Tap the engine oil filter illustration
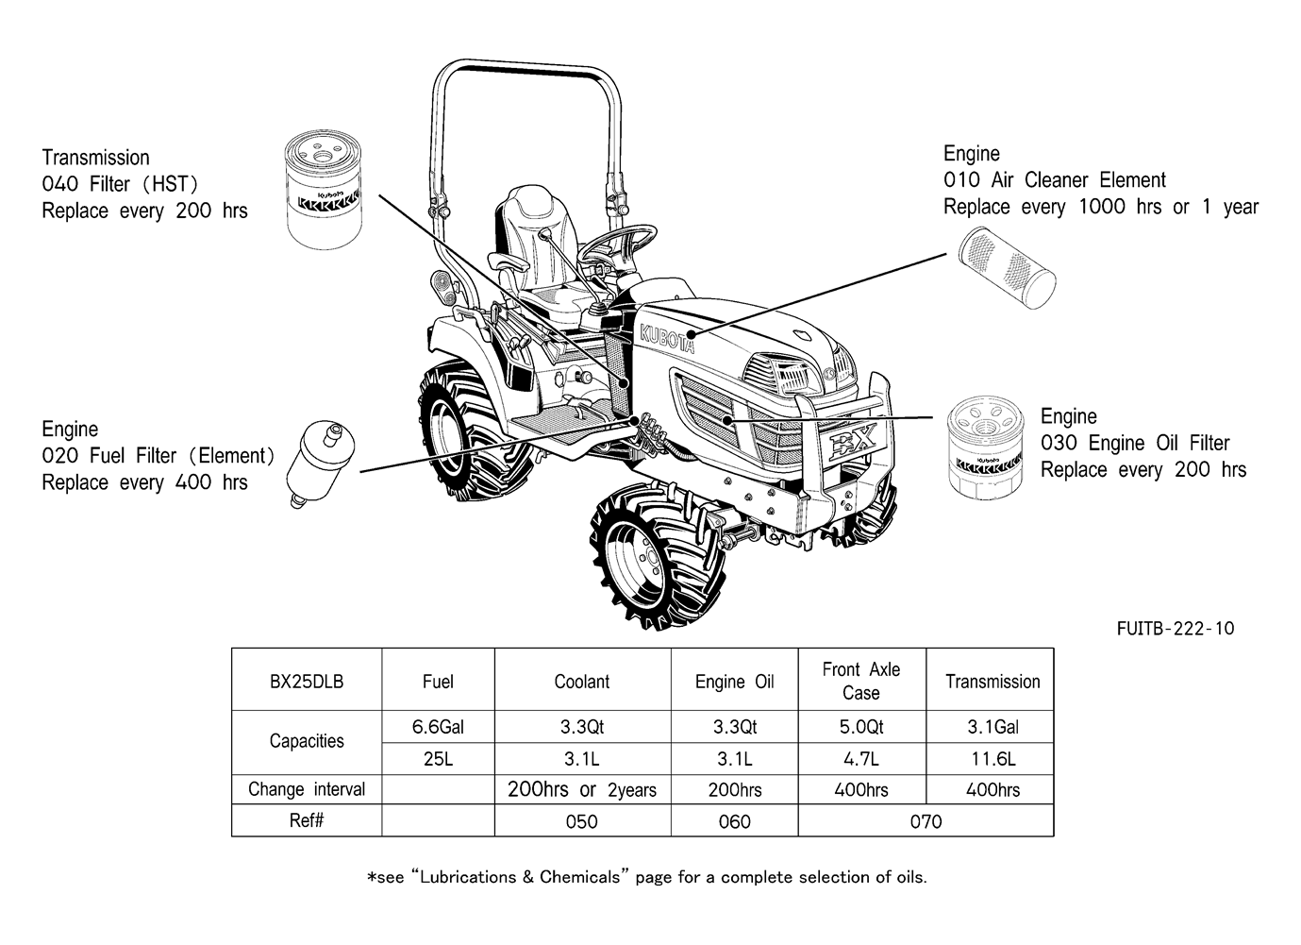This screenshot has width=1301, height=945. tap(986, 447)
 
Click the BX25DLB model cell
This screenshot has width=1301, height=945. tap(307, 682)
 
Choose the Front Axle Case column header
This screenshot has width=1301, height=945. tap(861, 681)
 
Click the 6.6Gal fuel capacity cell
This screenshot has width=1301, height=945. tap(438, 727)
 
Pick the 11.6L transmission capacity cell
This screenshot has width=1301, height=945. tap(992, 759)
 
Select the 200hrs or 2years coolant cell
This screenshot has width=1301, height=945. tap(582, 790)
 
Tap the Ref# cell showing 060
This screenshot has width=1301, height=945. tap(734, 821)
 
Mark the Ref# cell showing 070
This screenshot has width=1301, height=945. tap(926, 821)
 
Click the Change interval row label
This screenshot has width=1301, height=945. tap(307, 789)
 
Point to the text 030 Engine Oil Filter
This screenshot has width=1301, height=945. tap(1135, 443)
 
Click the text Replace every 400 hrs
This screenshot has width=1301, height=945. tap(144, 482)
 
